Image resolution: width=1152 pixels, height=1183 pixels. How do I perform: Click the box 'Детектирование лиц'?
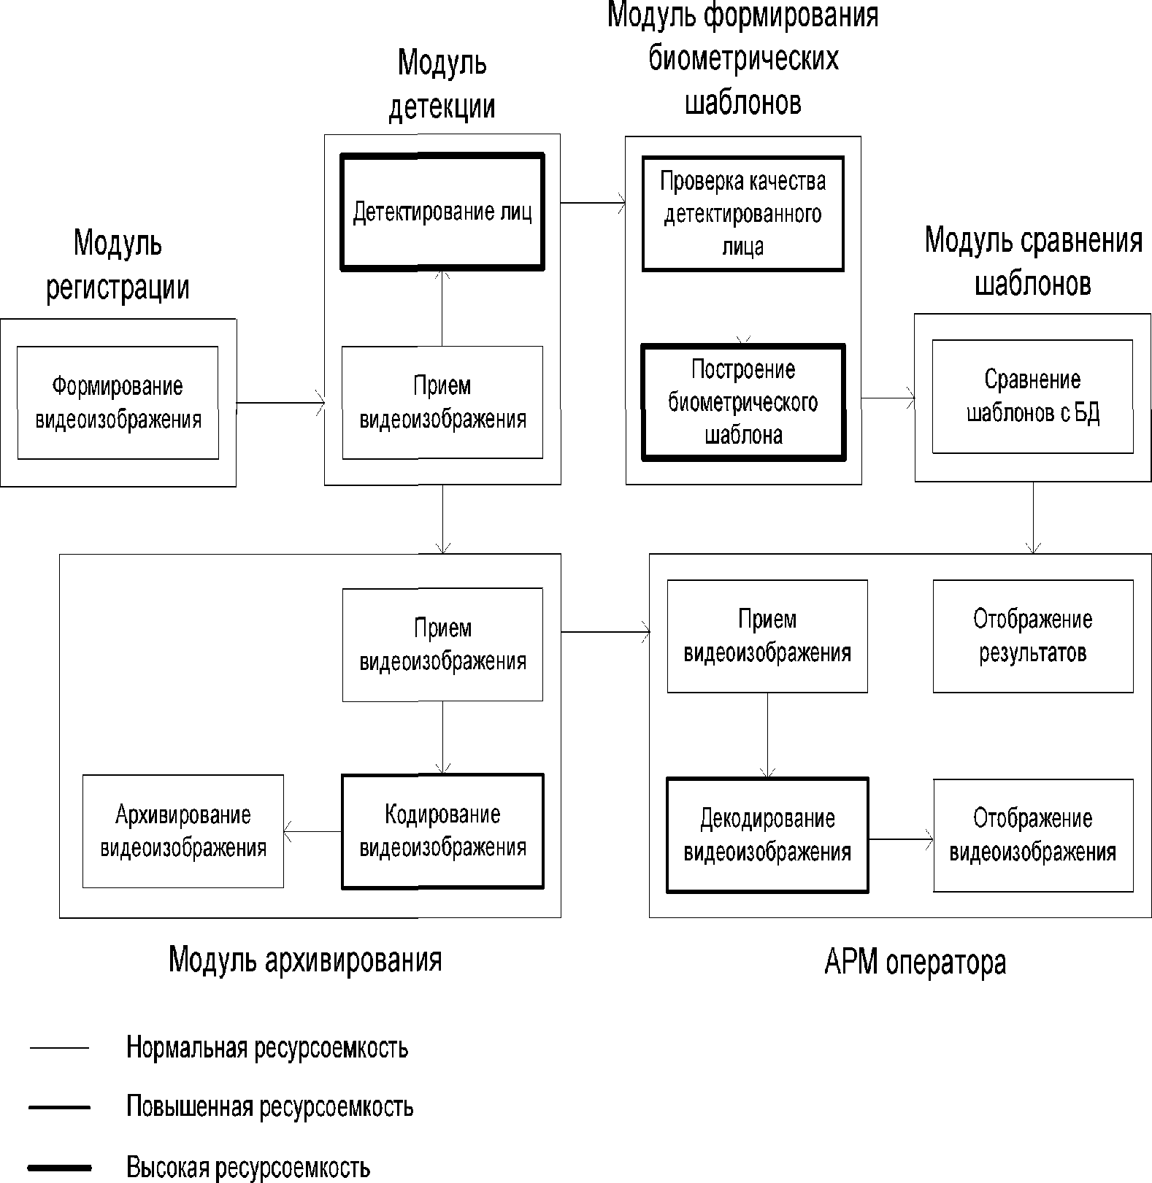point(442,212)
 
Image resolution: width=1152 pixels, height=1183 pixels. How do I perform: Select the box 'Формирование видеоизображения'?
point(118,403)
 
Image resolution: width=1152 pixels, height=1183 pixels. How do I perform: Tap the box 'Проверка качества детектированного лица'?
point(742,214)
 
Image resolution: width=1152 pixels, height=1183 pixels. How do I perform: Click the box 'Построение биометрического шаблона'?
point(742,403)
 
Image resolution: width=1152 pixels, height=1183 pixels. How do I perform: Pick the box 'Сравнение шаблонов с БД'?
point(1032,396)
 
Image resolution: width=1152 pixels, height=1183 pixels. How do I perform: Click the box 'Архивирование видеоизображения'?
point(183,831)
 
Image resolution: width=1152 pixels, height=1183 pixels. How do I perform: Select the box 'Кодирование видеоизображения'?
point(442,831)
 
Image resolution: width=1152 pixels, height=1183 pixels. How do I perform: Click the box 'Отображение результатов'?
point(1032,636)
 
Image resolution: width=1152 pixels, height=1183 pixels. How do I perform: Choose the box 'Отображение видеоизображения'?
point(1032,836)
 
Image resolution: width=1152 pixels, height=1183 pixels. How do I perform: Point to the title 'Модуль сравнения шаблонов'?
point(1032,261)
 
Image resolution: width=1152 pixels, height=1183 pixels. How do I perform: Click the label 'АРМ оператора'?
point(915,963)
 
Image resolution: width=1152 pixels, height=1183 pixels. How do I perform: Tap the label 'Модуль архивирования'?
point(305,959)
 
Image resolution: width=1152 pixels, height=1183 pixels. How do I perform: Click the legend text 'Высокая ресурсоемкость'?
point(248,1167)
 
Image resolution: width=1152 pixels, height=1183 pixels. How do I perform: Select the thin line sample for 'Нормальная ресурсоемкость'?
point(59,1048)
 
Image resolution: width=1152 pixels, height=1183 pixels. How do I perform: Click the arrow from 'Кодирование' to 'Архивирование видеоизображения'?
point(312,831)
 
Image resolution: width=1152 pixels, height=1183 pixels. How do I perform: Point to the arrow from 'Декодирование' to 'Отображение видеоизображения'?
point(900,839)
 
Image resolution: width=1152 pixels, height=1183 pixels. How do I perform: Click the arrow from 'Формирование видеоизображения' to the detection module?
point(280,402)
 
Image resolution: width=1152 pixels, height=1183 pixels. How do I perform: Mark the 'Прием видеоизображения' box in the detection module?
point(442,403)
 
